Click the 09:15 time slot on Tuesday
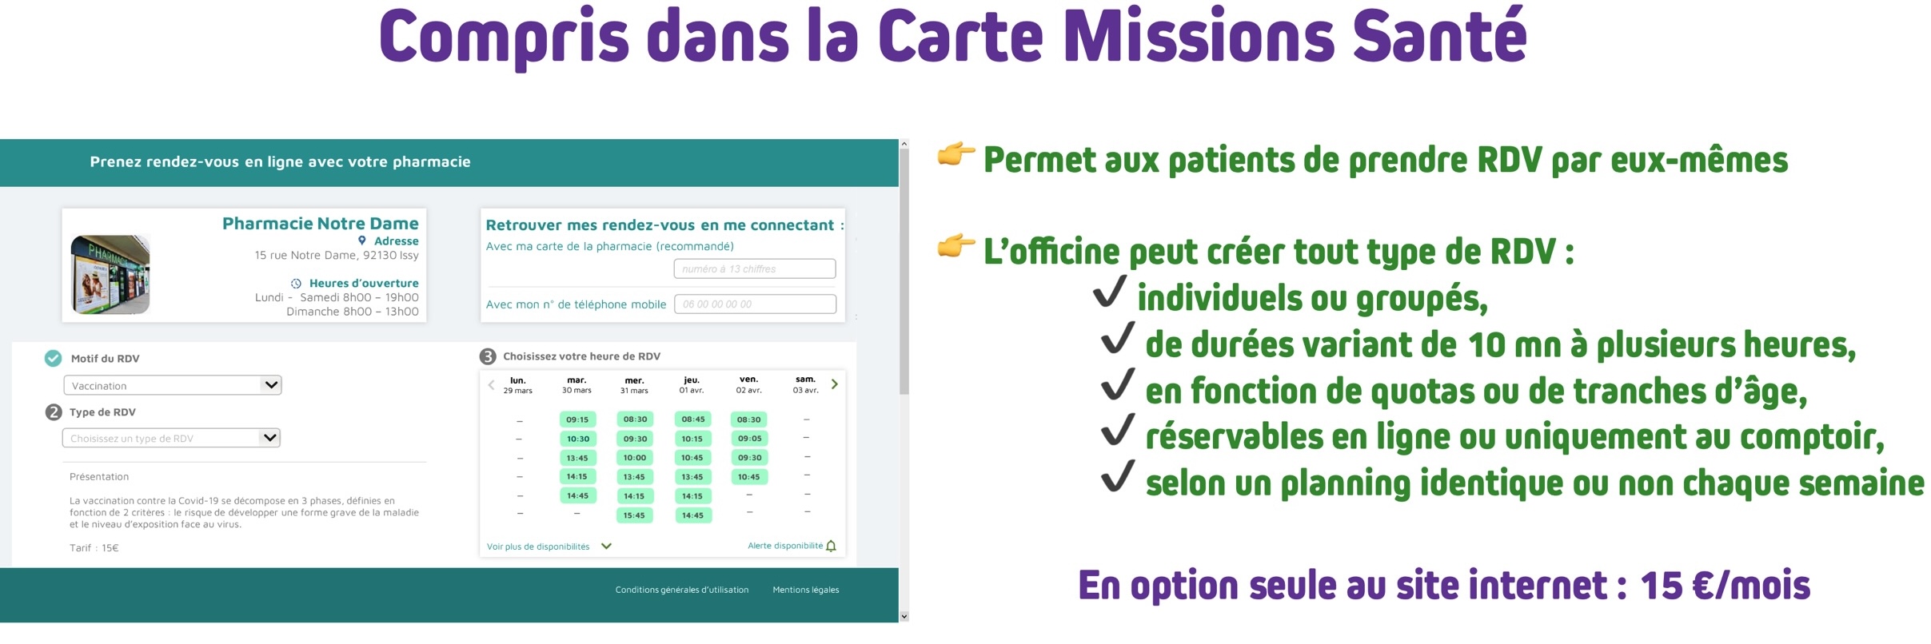click(577, 419)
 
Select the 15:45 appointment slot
click(634, 515)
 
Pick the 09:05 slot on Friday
click(749, 439)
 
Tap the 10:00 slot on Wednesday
click(635, 458)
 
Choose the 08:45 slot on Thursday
click(692, 419)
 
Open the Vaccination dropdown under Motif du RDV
click(173, 385)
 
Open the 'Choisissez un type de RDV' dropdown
click(172, 438)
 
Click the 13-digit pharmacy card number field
click(754, 269)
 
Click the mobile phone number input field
click(755, 304)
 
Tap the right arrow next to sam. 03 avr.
click(835, 384)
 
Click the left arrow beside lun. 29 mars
click(491, 385)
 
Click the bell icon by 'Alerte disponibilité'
click(831, 547)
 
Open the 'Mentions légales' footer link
click(805, 590)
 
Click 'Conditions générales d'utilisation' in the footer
click(682, 590)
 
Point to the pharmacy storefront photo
click(110, 274)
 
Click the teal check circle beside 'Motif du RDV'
click(53, 359)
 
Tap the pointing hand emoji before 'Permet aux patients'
click(956, 154)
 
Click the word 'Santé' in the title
click(1439, 38)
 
